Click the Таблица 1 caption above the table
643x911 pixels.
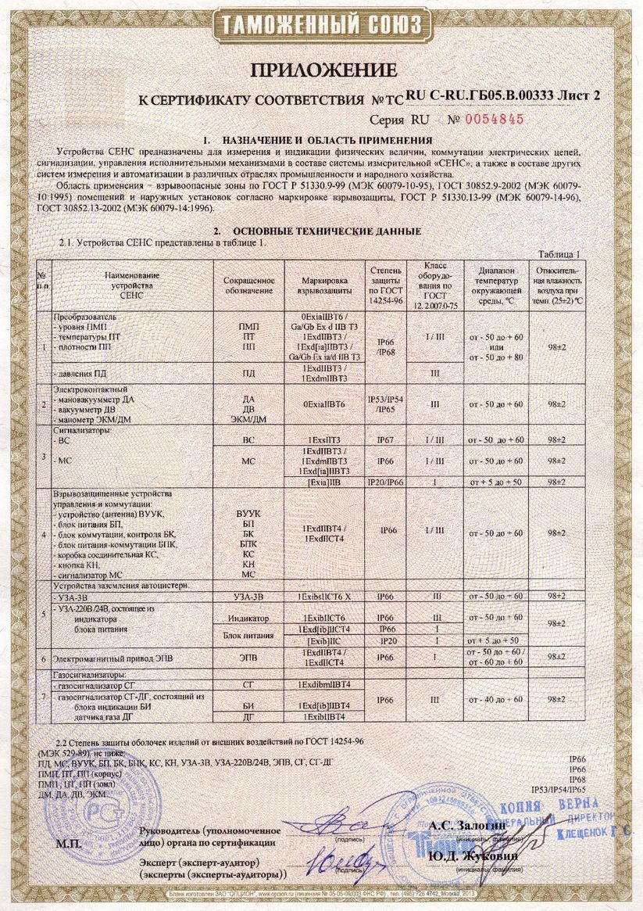[x=561, y=253]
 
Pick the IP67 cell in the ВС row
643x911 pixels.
[x=385, y=440]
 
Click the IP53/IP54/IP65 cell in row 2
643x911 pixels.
[x=385, y=403]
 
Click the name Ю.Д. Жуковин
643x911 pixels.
[x=461, y=855]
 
